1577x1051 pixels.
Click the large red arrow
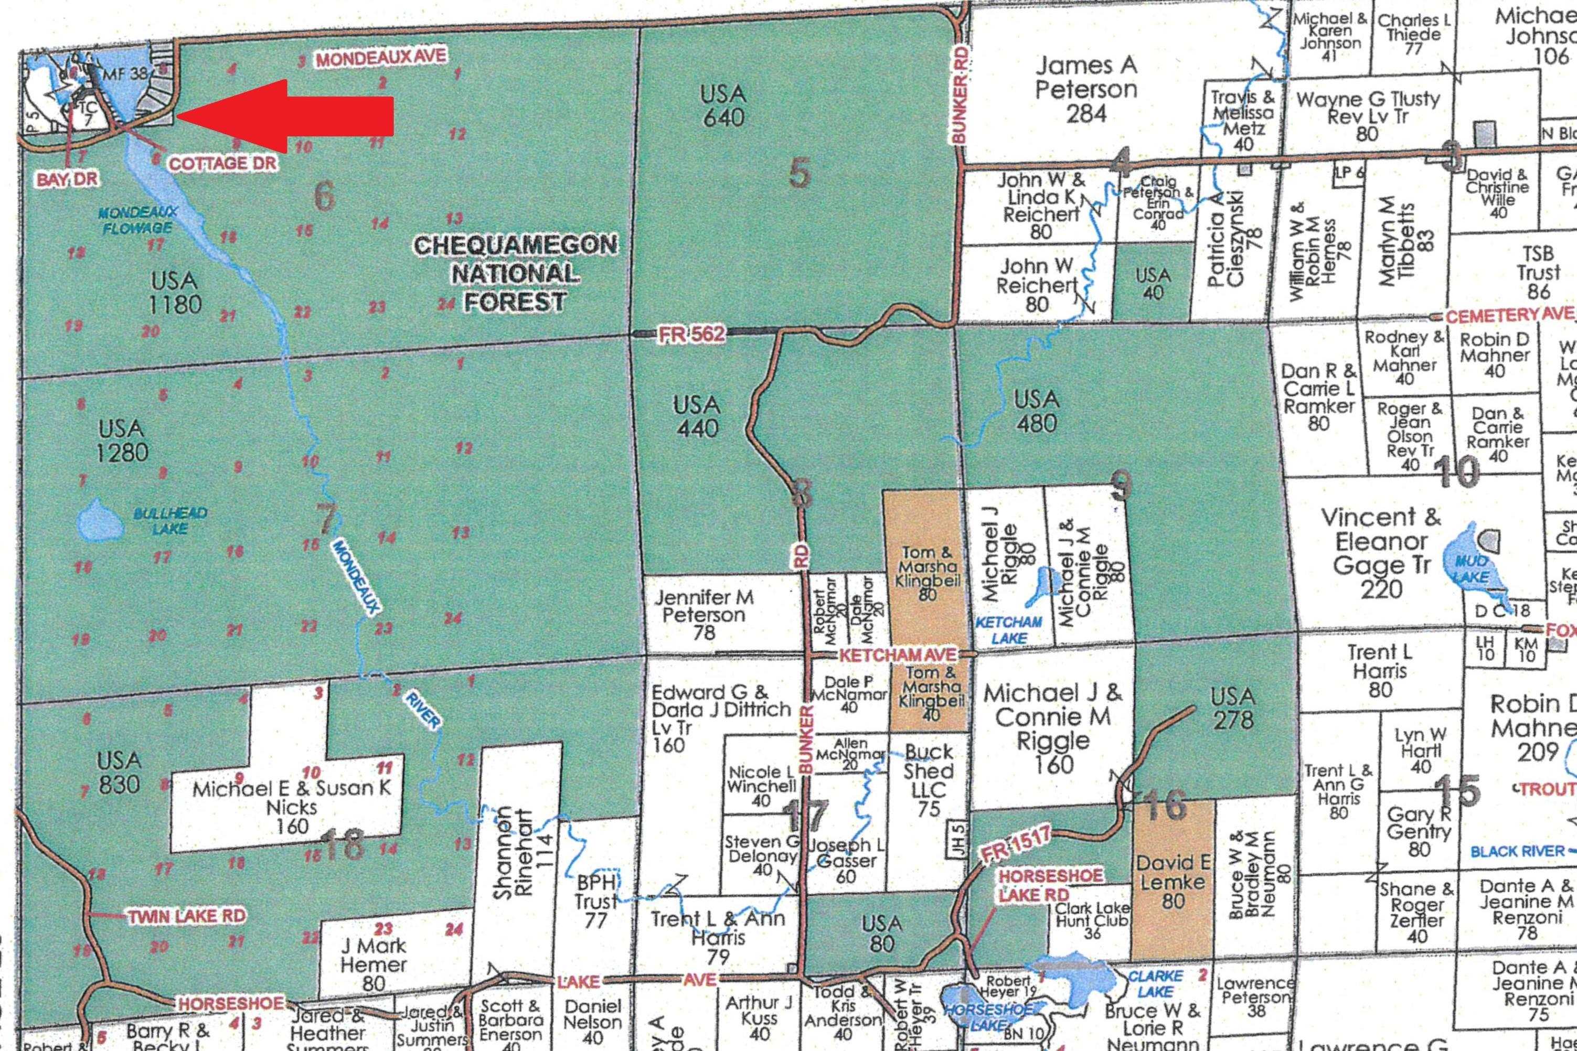289,116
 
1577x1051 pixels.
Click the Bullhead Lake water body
99,519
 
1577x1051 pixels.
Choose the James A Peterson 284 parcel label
1085,89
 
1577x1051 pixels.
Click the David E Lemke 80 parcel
1173,881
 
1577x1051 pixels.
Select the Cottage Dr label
222,164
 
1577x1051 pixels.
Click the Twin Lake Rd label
187,916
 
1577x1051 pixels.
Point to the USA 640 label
723,106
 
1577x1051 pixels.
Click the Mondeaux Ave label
381,58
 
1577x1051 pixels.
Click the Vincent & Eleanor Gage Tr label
1381,552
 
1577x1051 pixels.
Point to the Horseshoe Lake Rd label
1050,885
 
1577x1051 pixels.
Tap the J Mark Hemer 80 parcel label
373,964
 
